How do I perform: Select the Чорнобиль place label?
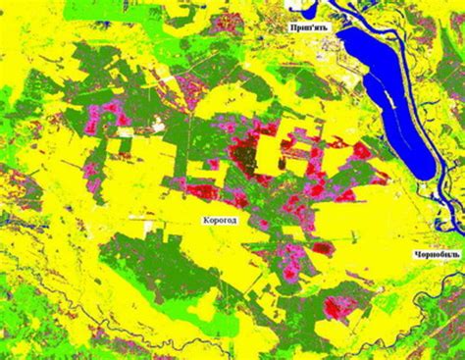438,257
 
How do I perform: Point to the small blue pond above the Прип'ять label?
299,8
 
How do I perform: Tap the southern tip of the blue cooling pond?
424,177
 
